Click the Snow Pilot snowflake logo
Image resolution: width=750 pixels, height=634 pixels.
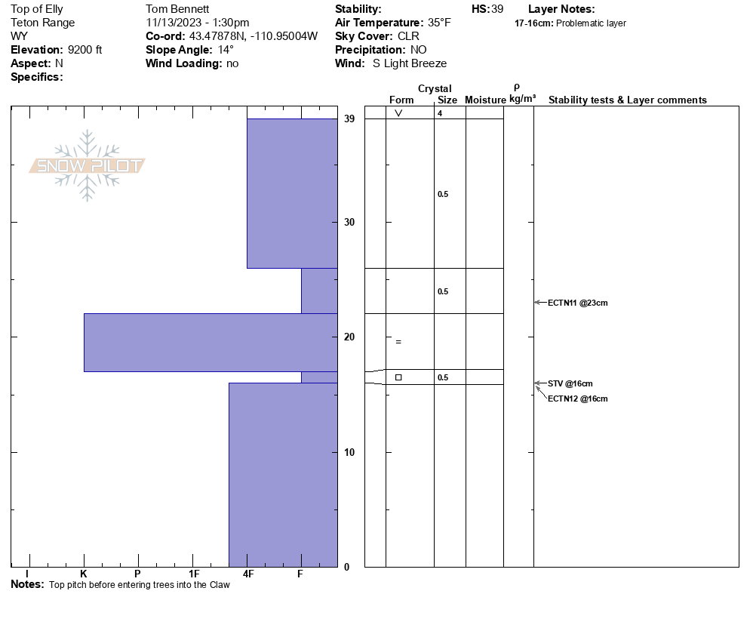(87, 165)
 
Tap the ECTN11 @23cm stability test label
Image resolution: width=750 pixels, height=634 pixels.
(577, 303)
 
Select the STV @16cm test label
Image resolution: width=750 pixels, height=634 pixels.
(570, 383)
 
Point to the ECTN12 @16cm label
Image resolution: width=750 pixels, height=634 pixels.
(577, 399)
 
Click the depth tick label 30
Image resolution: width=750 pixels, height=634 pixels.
(349, 222)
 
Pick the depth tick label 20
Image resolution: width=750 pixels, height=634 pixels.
(349, 337)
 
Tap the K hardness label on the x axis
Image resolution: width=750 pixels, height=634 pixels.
(83, 574)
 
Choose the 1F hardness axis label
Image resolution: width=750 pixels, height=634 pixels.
(194, 574)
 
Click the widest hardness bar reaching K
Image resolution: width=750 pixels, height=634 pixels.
(211, 343)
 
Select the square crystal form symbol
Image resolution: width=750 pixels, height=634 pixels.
(398, 377)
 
